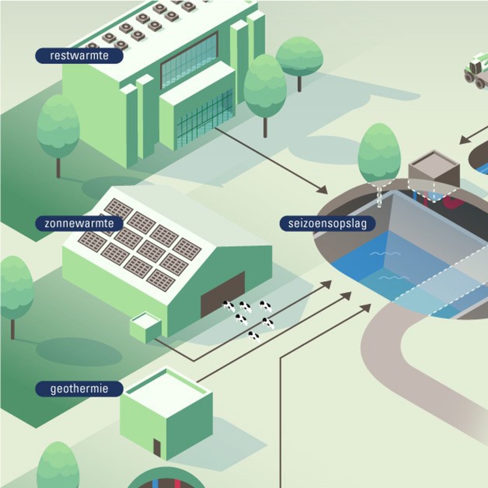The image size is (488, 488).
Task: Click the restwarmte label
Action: [79, 56]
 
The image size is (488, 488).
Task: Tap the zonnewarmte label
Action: [79, 224]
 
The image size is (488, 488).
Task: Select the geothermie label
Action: [79, 389]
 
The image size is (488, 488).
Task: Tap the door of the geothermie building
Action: [157, 447]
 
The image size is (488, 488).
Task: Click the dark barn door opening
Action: [223, 294]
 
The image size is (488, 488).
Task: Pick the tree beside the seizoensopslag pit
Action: [379, 156]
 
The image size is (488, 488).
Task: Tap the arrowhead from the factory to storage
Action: [322, 189]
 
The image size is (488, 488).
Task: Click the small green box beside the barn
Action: [145, 326]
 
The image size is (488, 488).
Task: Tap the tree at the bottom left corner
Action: [57, 465]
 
